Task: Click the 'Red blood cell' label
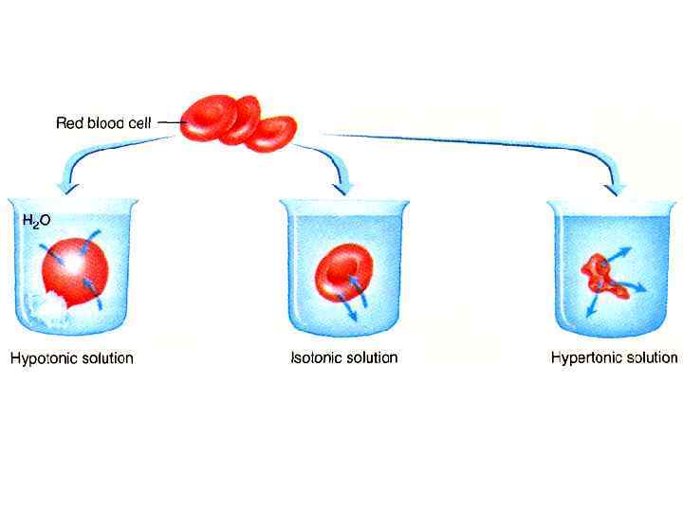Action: click(105, 121)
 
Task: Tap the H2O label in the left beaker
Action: click(36, 221)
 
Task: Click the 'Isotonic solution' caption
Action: click(343, 357)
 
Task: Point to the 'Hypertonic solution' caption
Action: click(614, 357)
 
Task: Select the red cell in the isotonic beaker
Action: click(341, 271)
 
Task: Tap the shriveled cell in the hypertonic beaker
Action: click(601, 276)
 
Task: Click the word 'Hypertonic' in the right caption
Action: click(585, 357)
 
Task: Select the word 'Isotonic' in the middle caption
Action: click(315, 357)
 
